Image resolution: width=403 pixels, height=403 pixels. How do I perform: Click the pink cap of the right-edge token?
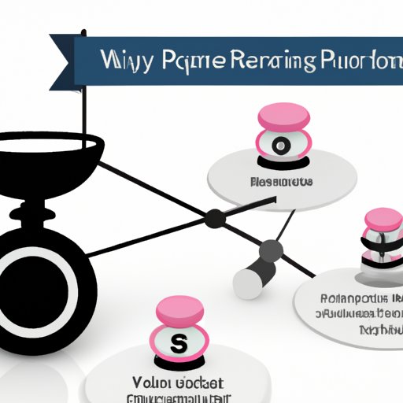click(384, 219)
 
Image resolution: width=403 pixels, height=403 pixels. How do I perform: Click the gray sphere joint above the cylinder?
click(271, 252)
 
